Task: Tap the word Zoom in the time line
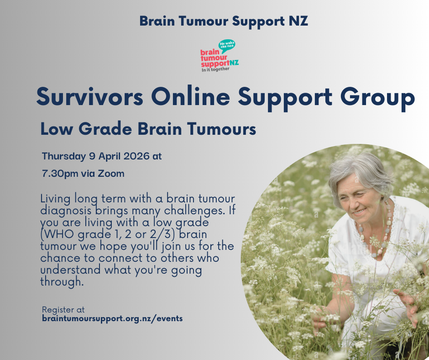tap(113, 174)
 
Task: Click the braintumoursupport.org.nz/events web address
tap(112, 318)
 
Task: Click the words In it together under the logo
tap(215, 69)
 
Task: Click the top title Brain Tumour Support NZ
tap(224, 21)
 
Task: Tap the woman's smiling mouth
tap(360, 212)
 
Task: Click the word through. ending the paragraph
tap(62, 282)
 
